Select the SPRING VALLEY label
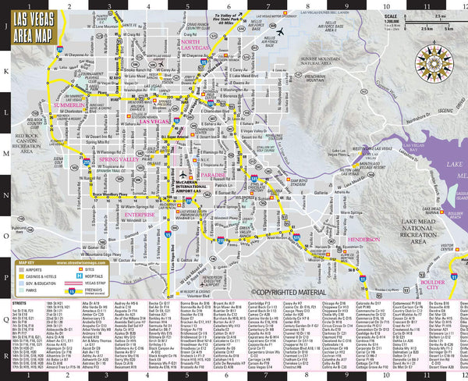point(118,160)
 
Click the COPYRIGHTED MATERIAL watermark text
point(289,293)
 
